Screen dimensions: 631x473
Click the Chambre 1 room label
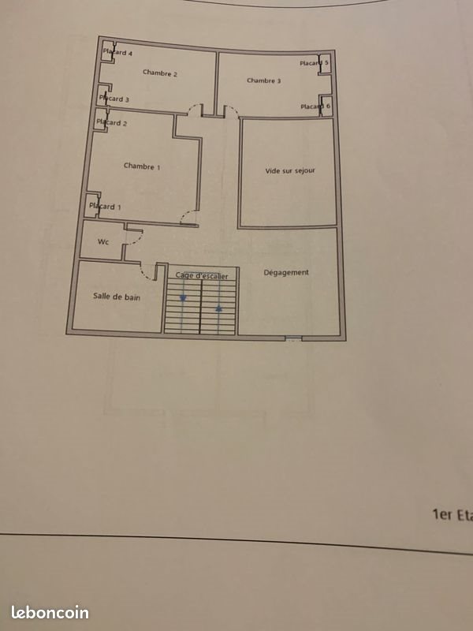[142, 166]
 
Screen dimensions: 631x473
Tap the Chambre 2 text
[160, 73]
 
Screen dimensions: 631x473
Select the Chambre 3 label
[263, 80]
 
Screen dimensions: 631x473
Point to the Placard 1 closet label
[106, 207]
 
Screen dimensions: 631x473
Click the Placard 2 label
[111, 123]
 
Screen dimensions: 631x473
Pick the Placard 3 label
[114, 99]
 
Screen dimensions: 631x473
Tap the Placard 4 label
[117, 53]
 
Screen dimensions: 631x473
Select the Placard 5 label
[315, 63]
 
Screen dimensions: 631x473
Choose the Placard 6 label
[315, 106]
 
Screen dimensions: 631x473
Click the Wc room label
[102, 242]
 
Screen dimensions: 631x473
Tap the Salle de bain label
[117, 296]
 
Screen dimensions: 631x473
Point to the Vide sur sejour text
[290, 170]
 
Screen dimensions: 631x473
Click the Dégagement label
[286, 273]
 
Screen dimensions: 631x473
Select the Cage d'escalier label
[202, 275]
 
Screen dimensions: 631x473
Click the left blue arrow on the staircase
[183, 298]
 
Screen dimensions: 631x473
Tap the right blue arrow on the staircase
[218, 298]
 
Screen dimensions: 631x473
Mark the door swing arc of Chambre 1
[187, 218]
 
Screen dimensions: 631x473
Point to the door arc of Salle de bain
[147, 273]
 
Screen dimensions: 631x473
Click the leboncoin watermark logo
[50, 613]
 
